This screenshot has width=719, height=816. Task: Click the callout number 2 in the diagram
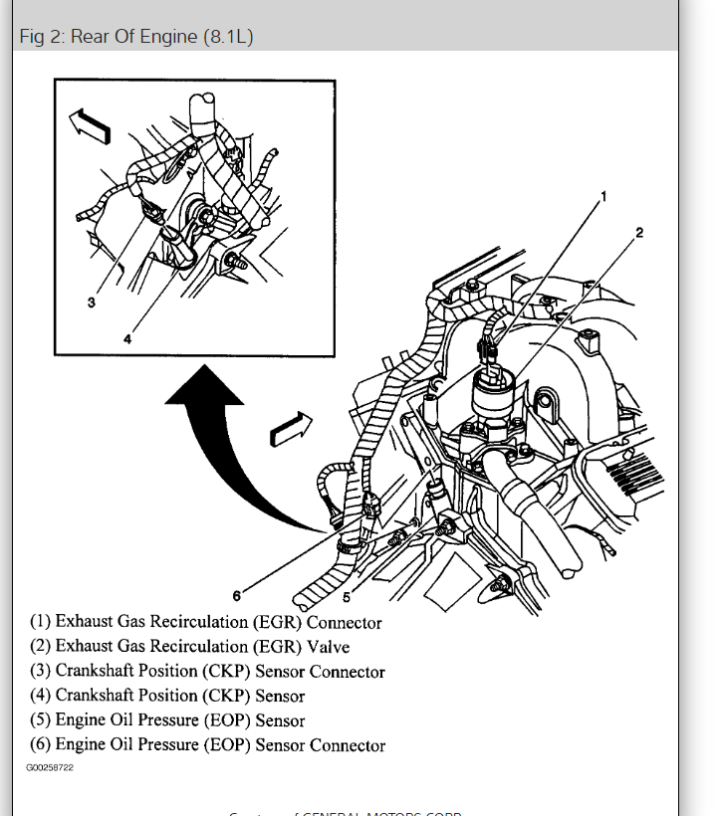(x=639, y=233)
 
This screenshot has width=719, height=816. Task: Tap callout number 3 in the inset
(x=91, y=303)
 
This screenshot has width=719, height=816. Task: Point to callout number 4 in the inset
(x=127, y=338)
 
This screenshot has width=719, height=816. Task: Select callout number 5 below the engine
(x=346, y=598)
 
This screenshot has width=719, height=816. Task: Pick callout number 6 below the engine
(x=236, y=595)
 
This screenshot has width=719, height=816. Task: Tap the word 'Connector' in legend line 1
(x=344, y=623)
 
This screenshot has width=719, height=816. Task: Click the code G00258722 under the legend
(x=49, y=768)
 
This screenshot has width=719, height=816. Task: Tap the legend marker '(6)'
(x=40, y=745)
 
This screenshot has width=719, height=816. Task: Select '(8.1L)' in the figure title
(x=230, y=37)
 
